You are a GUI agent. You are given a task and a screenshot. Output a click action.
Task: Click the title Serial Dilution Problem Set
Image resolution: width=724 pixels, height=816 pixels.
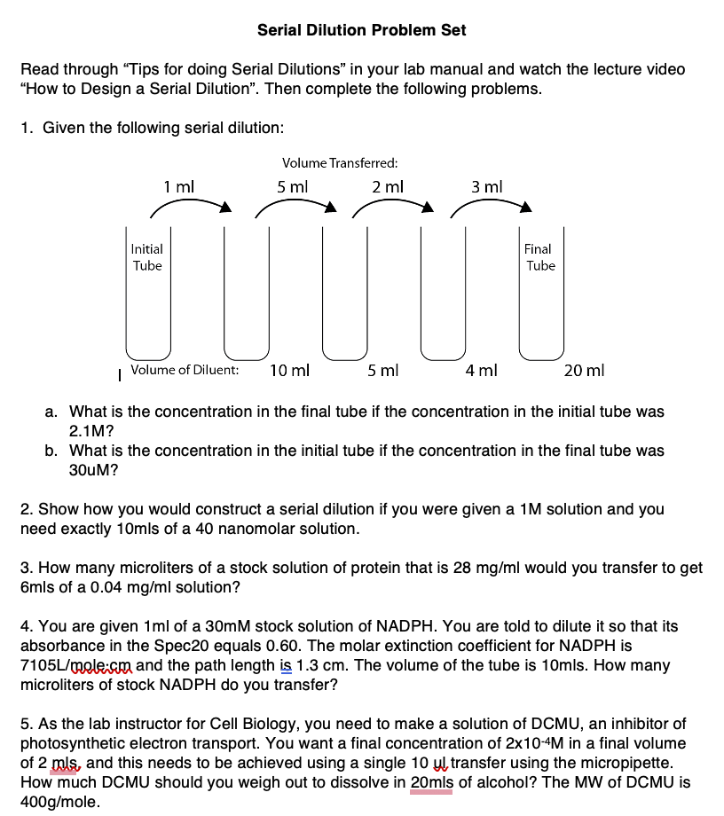tap(361, 30)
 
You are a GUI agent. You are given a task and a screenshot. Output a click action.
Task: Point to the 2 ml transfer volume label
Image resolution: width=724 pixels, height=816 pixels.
tap(388, 187)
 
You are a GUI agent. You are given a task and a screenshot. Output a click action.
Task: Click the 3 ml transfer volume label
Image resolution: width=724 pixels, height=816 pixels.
tap(487, 187)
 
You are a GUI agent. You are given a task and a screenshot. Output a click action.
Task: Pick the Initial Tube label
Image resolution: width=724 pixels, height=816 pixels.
tap(147, 257)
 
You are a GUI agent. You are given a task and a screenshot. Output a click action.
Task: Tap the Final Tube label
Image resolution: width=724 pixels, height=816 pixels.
tap(539, 257)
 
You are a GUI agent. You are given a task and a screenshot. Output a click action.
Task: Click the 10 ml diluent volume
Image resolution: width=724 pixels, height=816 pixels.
tap(289, 370)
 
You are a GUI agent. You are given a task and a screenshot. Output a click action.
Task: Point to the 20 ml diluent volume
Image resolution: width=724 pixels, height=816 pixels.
tap(584, 370)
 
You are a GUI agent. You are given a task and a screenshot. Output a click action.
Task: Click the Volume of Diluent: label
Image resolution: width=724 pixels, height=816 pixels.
tap(185, 370)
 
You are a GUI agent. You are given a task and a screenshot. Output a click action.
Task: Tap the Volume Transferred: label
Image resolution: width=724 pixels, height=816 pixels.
tap(339, 163)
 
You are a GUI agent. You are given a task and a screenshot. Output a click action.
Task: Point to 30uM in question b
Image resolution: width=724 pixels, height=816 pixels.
tap(93, 470)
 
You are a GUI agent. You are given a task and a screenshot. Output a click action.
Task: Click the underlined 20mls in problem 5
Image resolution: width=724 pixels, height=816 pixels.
tap(432, 782)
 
